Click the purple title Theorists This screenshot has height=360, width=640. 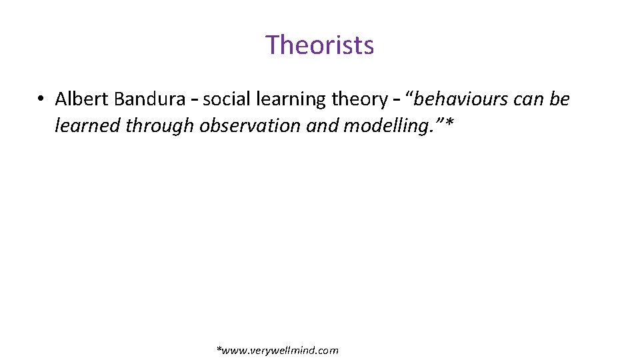(320, 45)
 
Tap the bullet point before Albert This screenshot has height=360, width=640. (41, 100)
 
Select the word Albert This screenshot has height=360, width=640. (82, 99)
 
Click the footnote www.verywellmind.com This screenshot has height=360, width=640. (278, 350)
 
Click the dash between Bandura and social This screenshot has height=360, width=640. (194, 100)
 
